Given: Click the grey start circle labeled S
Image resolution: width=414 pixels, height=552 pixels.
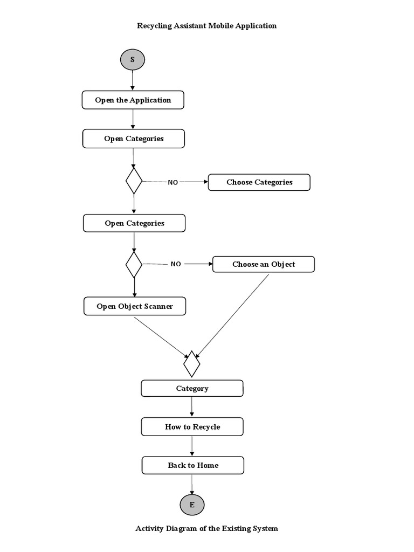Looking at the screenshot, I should click(133, 59).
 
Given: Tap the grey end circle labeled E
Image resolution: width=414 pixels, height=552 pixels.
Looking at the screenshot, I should click(192, 505).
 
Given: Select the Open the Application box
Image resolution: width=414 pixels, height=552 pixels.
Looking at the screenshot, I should click(133, 100).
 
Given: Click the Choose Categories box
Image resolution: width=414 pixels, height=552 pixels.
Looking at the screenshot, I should click(259, 182).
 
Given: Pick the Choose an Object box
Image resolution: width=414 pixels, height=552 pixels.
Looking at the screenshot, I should click(264, 264).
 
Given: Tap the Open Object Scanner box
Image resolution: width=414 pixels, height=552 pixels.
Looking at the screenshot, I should click(135, 307).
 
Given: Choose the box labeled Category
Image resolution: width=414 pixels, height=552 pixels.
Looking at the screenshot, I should click(192, 388).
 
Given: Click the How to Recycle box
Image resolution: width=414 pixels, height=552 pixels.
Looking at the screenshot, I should click(192, 427).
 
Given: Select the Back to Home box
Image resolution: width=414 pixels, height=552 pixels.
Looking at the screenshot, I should click(193, 465).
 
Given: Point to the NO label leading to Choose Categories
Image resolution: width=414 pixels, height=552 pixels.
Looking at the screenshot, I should click(172, 182).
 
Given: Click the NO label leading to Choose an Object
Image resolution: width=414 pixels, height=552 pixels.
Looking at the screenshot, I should click(176, 264).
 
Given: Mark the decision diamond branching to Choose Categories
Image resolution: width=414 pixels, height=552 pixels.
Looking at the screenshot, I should click(134, 181).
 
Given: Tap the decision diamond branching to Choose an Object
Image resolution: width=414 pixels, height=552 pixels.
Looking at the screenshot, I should click(134, 264).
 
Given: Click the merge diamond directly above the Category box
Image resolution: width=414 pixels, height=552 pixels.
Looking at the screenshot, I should click(192, 364).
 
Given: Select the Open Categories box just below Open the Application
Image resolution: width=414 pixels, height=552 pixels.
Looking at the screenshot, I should click(134, 139).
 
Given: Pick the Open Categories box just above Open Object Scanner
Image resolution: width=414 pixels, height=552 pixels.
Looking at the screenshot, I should click(134, 223).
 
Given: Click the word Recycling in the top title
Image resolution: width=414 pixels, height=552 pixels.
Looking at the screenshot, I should click(155, 26).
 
